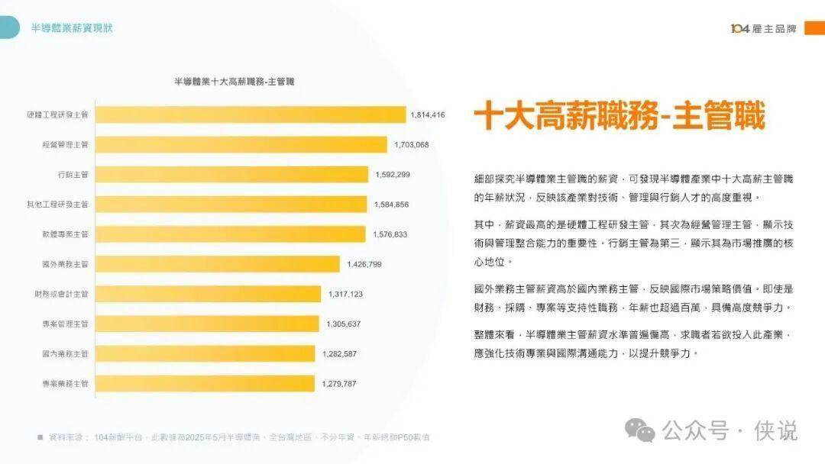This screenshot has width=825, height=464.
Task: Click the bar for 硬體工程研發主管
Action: (x=251, y=114)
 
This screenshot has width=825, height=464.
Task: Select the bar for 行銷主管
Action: (x=231, y=175)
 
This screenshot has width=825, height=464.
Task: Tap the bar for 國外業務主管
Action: (x=218, y=264)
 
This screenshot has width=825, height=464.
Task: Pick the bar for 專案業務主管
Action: (x=205, y=383)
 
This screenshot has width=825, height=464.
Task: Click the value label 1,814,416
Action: (x=427, y=114)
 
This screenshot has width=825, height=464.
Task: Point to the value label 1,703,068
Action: (x=412, y=144)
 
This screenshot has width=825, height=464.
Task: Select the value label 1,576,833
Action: (x=390, y=234)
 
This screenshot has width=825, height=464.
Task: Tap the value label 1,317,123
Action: (x=345, y=294)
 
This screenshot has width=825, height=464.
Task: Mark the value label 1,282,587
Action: (x=339, y=353)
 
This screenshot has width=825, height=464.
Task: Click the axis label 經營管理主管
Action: (x=66, y=144)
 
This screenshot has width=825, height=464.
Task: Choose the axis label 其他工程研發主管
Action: (x=58, y=205)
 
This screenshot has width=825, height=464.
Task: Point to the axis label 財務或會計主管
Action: (x=62, y=294)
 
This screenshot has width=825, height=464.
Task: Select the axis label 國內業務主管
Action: (x=66, y=353)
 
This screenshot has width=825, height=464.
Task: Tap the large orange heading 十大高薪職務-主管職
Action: (x=619, y=117)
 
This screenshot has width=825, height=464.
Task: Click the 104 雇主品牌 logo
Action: (x=763, y=28)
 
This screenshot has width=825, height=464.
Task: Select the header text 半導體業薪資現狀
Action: (x=72, y=28)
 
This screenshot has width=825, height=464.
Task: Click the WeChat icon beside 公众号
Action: (x=639, y=430)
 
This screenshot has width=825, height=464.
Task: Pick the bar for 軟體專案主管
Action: (x=231, y=234)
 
